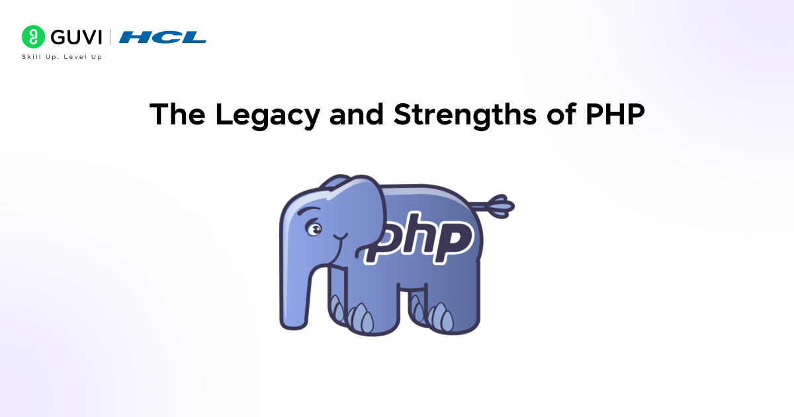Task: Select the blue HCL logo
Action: [163, 37]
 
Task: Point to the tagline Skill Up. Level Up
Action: [62, 57]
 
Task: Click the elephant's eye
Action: [314, 229]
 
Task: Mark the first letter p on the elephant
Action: [383, 245]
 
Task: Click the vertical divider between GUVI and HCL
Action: [110, 36]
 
